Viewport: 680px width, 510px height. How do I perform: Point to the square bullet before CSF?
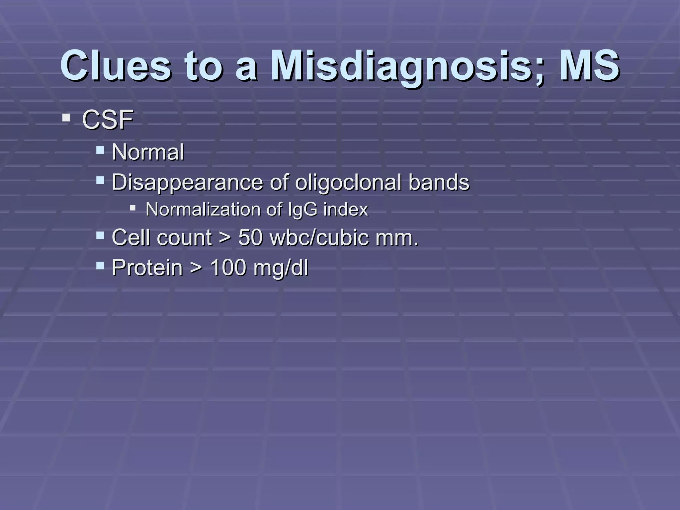(x=66, y=118)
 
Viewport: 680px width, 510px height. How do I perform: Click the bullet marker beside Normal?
(x=100, y=150)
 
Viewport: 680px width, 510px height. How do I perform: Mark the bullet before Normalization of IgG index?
(x=133, y=208)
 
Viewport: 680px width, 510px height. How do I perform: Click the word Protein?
(x=147, y=268)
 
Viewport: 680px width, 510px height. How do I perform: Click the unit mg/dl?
(x=281, y=268)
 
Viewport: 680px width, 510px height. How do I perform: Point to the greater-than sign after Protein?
(x=196, y=268)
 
